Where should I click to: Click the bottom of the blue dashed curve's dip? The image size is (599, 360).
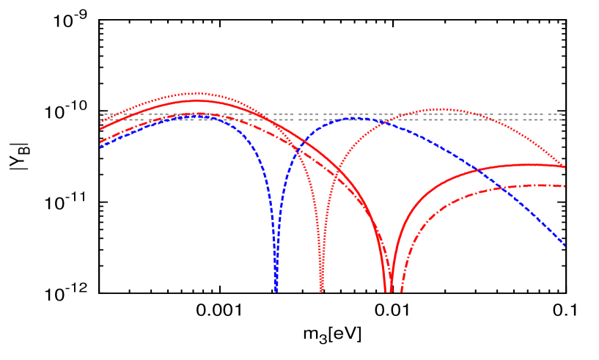(x=276, y=290)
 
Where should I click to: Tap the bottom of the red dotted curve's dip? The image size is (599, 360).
(x=321, y=290)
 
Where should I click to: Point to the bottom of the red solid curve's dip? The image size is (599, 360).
(x=388, y=290)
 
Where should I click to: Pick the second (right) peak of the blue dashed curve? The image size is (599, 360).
(x=353, y=118)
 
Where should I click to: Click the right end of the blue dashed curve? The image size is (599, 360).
(x=565, y=245)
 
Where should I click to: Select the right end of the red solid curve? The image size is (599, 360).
(x=565, y=167)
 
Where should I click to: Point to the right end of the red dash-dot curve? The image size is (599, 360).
(x=565, y=186)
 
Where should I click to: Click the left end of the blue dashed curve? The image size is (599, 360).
(x=100, y=147)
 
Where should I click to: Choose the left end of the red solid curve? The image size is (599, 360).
(x=100, y=129)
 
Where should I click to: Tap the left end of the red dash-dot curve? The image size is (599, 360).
(x=100, y=142)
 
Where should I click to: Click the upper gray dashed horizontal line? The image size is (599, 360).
(x=330, y=114)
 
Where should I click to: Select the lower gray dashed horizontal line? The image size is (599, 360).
(x=330, y=120)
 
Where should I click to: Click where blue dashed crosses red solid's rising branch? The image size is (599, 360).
(x=477, y=171)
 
